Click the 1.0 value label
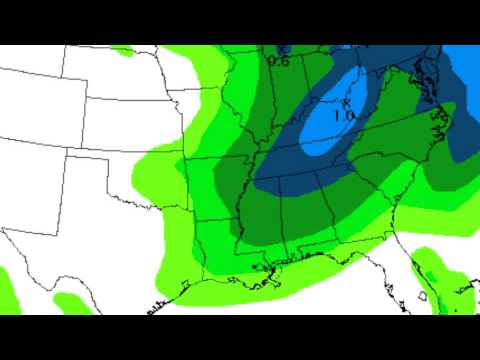pyautogui.click(x=344, y=116)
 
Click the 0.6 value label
pyautogui.click(x=278, y=61)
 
